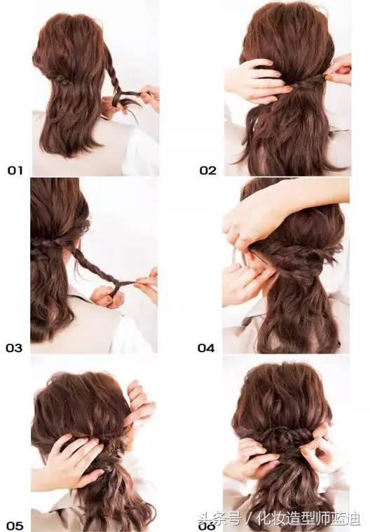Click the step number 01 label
(15, 170)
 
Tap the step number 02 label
(207, 170)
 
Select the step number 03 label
(14, 348)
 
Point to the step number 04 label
(206, 348)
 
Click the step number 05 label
(15, 526)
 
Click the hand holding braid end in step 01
(149, 97)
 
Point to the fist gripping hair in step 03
(107, 296)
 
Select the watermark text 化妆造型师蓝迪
(308, 519)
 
